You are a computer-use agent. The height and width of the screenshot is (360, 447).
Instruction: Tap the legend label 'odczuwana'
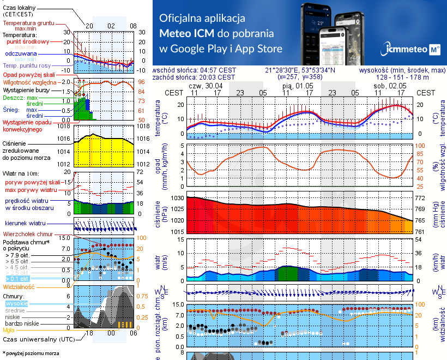[x=21, y=54]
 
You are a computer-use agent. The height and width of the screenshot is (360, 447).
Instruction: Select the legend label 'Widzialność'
[x=19, y=286]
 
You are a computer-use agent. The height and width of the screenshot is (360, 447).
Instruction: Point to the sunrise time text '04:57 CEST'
[x=218, y=70]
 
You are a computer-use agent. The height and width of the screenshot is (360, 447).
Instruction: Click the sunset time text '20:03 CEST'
[x=218, y=77]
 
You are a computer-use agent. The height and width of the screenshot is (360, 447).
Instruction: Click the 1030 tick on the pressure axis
[x=178, y=198]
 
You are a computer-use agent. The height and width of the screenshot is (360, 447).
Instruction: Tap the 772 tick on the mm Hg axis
[x=420, y=198]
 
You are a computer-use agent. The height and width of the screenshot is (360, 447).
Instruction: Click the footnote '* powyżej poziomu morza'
[x=31, y=353]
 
